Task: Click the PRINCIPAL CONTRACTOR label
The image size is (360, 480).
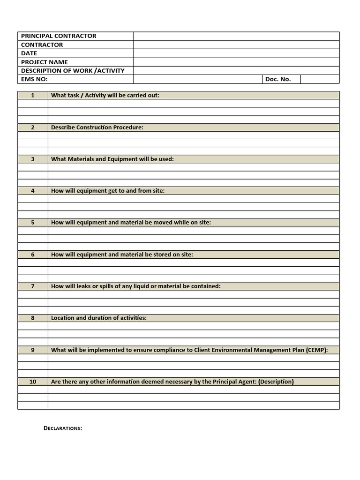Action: coord(59,36)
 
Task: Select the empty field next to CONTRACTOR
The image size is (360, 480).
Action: coord(236,45)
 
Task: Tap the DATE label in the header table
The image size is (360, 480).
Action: coord(29,53)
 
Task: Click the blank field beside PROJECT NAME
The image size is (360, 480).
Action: coord(236,62)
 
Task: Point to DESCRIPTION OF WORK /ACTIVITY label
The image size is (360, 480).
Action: coord(73,71)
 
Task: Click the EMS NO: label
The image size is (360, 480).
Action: coord(34,79)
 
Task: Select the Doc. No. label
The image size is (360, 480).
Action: coord(278,79)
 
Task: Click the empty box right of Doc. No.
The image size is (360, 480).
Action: coord(320,79)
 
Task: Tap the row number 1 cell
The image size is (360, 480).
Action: coord(33,95)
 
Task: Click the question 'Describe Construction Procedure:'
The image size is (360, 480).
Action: coord(97,127)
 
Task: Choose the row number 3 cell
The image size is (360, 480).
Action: coord(33,159)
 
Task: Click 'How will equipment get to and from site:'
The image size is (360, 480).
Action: coord(108,191)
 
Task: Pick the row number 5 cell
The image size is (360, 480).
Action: coord(33,223)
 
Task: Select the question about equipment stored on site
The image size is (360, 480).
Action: coord(122,255)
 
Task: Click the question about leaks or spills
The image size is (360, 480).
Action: coord(135,286)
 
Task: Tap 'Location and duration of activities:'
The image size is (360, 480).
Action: coord(98,318)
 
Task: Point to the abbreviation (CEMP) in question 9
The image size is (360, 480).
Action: coord(316,350)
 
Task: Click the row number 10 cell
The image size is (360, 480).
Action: coord(33,382)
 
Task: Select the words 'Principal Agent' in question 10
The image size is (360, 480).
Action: coord(234,382)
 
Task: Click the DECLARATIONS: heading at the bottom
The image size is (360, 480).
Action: coord(63,428)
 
